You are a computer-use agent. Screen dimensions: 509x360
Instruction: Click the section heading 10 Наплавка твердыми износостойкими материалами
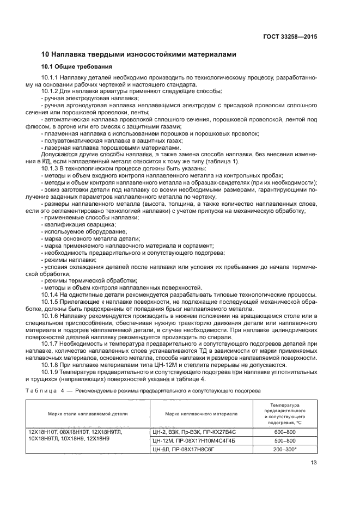139,54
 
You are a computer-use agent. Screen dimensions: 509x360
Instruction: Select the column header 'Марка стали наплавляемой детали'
88,414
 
